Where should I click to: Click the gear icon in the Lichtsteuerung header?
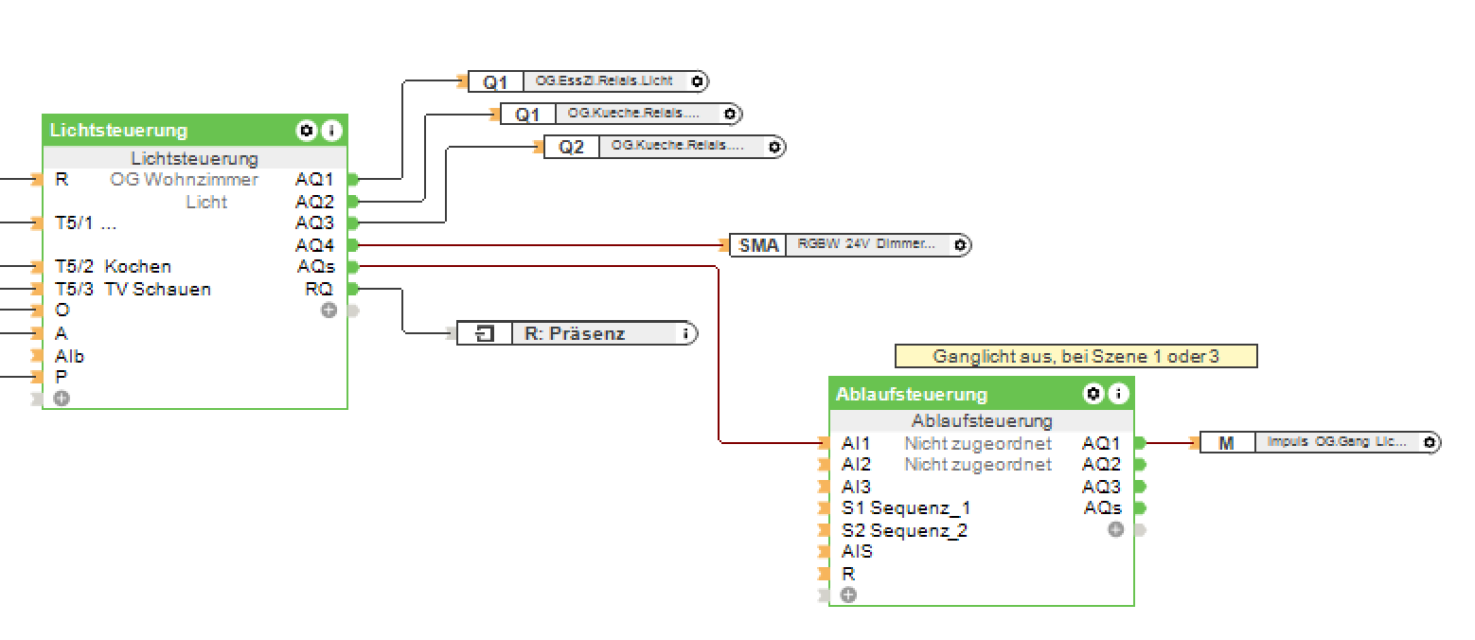306,131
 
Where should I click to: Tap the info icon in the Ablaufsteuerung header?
1119,394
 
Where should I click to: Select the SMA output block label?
758,245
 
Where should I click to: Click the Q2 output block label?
571,147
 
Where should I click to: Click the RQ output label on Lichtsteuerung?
318,289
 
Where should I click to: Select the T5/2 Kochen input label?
113,267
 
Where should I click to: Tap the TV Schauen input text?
157,289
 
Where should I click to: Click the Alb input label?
69,357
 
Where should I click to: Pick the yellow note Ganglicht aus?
1075,356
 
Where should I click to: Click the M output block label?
1226,442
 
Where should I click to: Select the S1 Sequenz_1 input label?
905,508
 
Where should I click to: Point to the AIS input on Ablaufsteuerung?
857,551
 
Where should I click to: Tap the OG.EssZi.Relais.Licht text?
604,81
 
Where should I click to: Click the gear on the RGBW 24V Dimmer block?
960,245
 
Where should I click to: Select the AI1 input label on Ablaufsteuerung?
856,443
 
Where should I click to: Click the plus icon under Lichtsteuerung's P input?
62,399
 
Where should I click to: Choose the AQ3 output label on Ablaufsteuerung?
1101,487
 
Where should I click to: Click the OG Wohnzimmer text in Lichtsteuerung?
184,180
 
